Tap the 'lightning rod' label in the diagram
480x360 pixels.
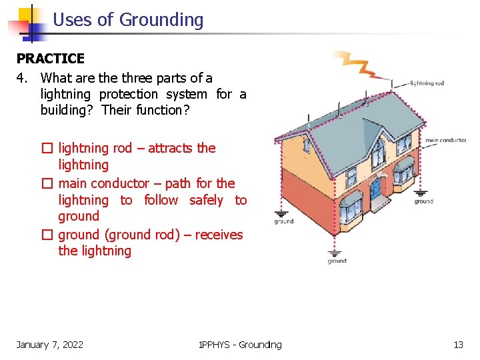click(x=427, y=83)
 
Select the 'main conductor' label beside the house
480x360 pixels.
click(x=446, y=141)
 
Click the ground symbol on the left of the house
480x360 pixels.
click(x=283, y=218)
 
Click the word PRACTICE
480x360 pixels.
click(x=51, y=59)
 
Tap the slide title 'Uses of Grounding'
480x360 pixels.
click(x=128, y=20)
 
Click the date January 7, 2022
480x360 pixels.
click(x=50, y=345)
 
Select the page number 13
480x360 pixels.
click(x=458, y=345)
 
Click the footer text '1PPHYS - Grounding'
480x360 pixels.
click(x=240, y=345)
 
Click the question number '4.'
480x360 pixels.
click(x=23, y=78)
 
